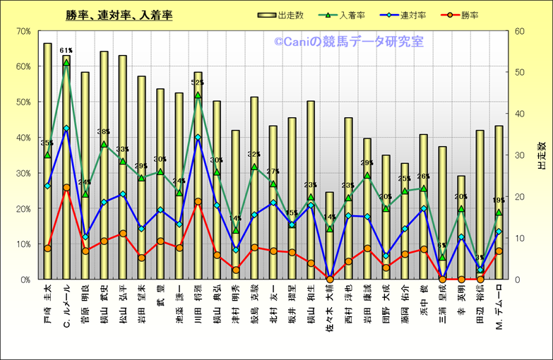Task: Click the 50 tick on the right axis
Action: (x=520, y=72)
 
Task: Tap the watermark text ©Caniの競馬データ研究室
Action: (x=349, y=42)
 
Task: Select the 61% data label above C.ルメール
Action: (x=66, y=51)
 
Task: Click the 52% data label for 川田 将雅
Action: (x=198, y=83)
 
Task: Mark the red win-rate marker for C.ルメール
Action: (x=66, y=188)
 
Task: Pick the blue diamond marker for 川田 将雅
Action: (x=198, y=137)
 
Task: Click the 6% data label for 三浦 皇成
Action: (x=443, y=246)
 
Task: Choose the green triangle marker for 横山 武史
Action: (x=104, y=145)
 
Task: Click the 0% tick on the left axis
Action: (x=23, y=280)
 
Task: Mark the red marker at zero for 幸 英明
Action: (x=461, y=279)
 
